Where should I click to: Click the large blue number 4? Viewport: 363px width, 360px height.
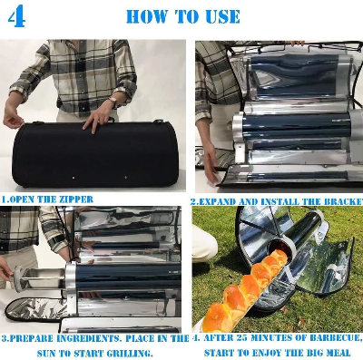[x=16, y=16]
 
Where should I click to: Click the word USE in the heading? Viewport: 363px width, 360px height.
[x=223, y=16]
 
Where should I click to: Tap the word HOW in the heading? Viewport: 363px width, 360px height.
[x=146, y=16]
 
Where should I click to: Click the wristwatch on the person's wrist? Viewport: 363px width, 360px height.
[x=113, y=101]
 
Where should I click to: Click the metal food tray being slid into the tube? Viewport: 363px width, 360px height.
[x=44, y=278]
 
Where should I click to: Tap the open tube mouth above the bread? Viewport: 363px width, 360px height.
[x=281, y=248]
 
